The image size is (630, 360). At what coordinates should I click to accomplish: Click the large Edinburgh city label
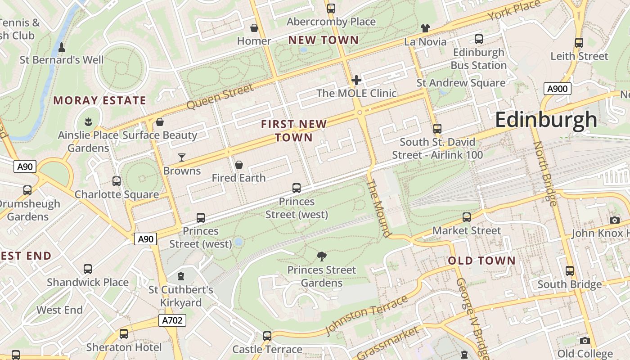pos(546,120)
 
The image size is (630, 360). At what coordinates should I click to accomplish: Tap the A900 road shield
pos(557,89)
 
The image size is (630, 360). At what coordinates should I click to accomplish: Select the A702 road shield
pos(172,320)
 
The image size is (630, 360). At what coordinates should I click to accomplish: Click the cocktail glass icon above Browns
pos(182,157)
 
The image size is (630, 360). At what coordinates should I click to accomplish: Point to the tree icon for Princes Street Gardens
pos(321,256)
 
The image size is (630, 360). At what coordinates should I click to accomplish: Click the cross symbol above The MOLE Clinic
pos(356,80)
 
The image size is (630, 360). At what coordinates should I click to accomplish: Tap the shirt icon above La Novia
pos(425,28)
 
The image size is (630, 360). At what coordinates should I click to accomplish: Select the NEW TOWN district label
pos(324,40)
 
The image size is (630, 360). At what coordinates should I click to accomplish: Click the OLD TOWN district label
pos(481,261)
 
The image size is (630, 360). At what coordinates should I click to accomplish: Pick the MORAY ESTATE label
pos(100,100)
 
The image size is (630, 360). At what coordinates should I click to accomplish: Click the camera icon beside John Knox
pos(615,220)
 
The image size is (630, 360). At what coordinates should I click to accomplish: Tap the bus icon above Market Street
pos(467,217)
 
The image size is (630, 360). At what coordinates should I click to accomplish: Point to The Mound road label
pos(379,208)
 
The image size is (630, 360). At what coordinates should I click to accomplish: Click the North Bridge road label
pos(545,173)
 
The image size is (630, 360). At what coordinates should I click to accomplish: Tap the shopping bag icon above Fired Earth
pos(239,165)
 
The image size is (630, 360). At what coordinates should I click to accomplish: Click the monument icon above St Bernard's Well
pos(62,47)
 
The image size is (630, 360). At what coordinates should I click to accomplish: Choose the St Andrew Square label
pos(460,83)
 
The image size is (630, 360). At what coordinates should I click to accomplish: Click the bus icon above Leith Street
pos(579,43)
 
